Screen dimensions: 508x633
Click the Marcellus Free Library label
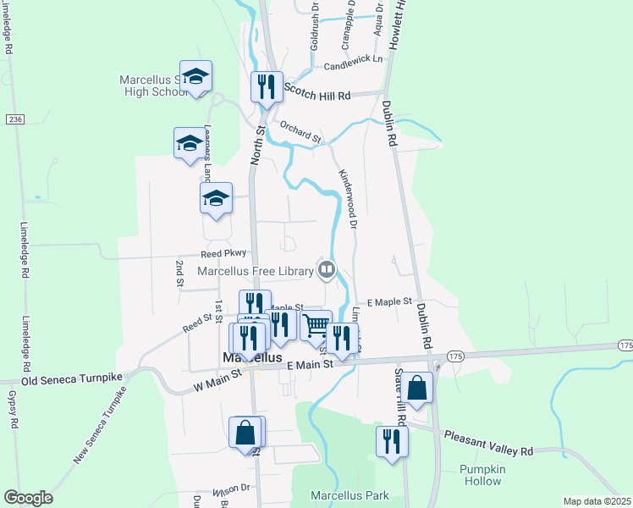click(256, 271)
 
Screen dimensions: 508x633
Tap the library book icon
click(327, 270)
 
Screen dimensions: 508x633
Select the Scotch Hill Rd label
click(317, 97)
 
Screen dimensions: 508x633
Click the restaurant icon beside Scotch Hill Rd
click(267, 86)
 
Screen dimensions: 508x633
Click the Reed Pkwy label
click(223, 253)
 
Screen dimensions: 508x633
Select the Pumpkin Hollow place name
click(482, 475)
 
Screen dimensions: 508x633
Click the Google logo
click(28, 498)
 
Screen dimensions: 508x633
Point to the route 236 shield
click(14, 119)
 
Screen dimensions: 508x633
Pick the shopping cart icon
click(316, 324)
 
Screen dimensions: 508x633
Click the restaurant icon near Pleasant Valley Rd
click(392, 441)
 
